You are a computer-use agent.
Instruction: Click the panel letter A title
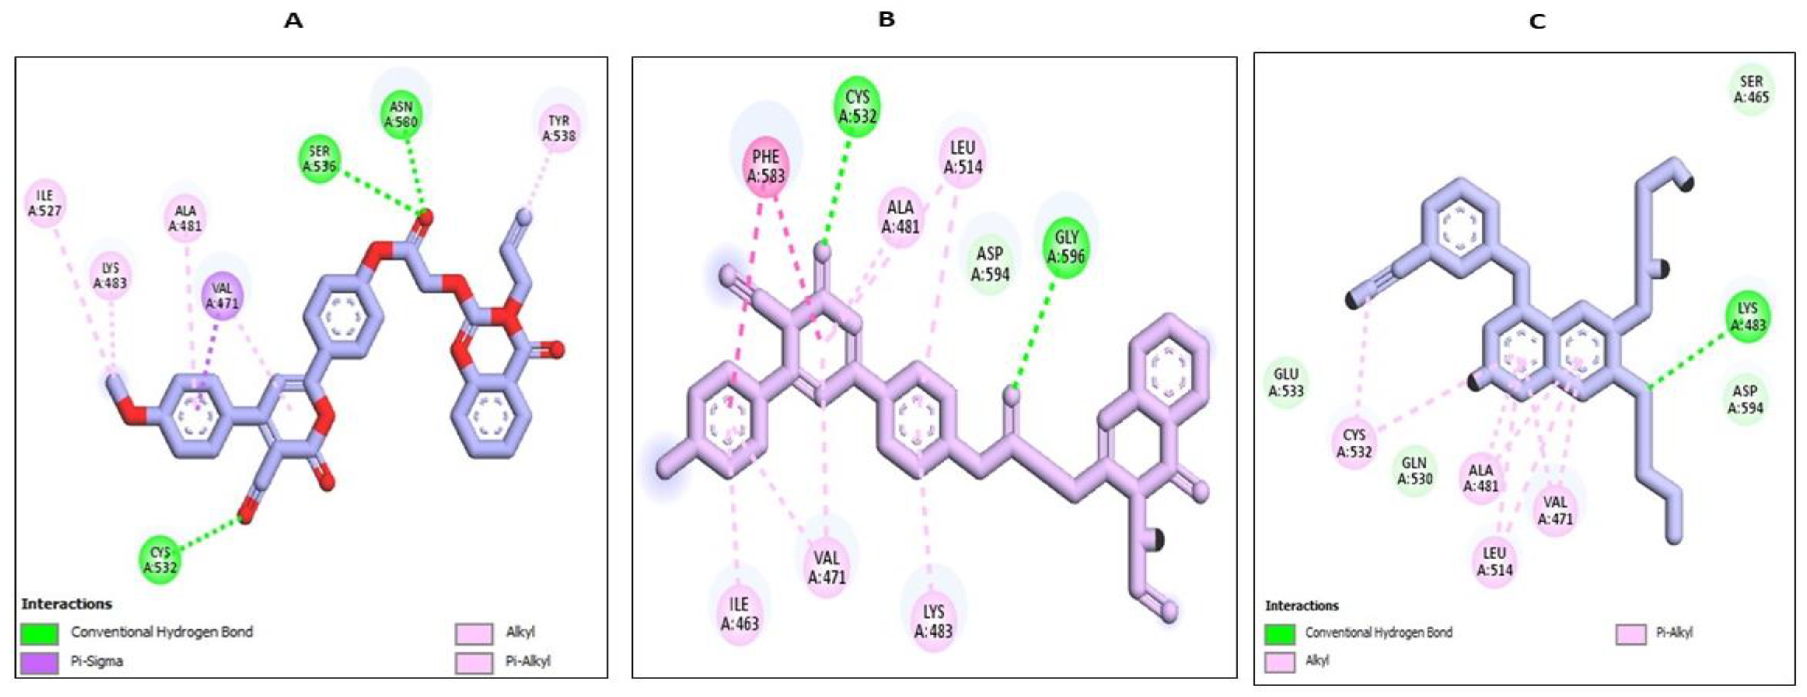[x=293, y=21]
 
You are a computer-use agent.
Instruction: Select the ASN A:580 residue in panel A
[x=401, y=114]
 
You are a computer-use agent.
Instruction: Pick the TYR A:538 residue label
[x=559, y=128]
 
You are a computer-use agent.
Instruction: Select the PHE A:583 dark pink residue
[x=766, y=166]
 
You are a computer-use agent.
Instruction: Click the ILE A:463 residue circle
[x=740, y=613]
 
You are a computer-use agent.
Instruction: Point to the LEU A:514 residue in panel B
[x=962, y=157]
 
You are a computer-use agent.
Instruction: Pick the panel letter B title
[x=887, y=20]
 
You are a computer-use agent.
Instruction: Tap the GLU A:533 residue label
[x=1286, y=383]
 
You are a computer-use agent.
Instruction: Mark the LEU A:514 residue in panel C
[x=1494, y=561]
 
